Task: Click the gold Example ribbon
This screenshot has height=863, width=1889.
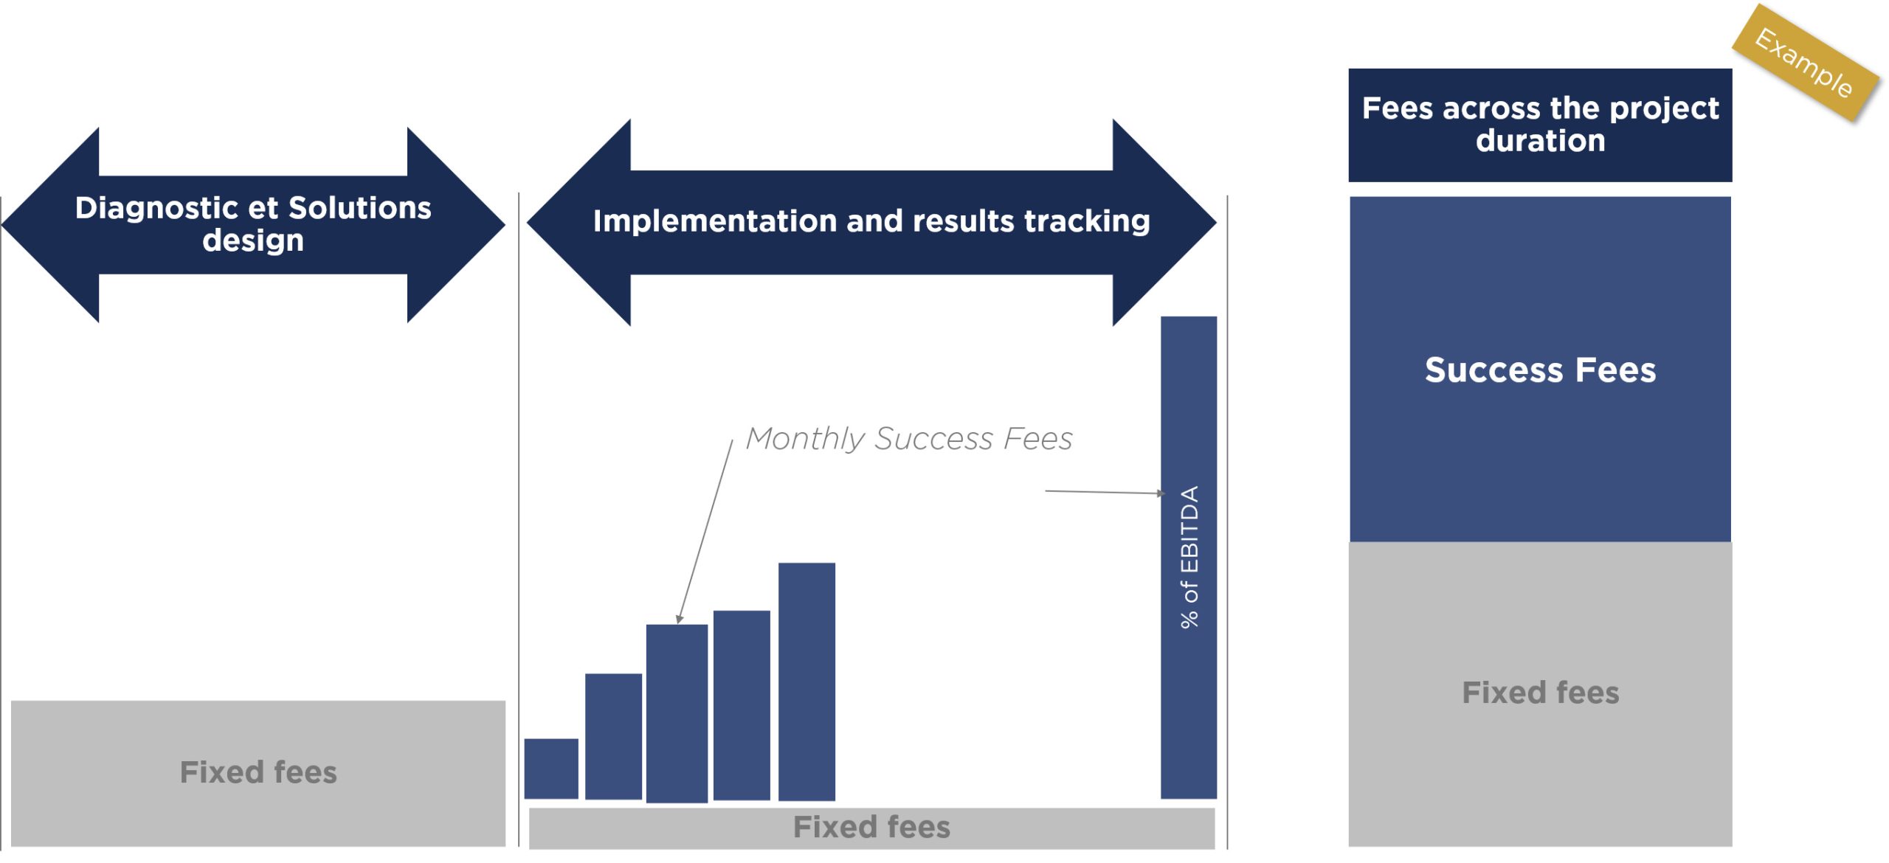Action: (x=1806, y=63)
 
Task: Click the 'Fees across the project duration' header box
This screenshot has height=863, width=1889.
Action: (x=1540, y=125)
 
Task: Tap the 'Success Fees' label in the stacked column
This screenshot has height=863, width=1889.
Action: (x=1540, y=370)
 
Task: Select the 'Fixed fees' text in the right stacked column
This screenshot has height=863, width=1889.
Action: (x=1540, y=693)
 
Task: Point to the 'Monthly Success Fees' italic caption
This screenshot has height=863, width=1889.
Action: (x=909, y=439)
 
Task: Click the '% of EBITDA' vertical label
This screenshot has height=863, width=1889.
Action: (x=1189, y=557)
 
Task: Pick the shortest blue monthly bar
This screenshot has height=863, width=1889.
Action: (x=551, y=769)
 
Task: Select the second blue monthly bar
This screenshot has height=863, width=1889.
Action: (x=613, y=736)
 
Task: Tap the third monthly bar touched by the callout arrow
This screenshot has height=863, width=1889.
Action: (x=677, y=713)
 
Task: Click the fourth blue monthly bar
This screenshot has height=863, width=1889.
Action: (x=742, y=705)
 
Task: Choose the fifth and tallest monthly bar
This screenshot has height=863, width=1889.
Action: (x=807, y=682)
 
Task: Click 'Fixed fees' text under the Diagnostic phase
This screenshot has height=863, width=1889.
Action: (x=258, y=772)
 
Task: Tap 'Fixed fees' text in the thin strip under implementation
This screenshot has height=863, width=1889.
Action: (x=871, y=827)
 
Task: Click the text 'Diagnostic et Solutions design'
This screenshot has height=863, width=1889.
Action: (x=253, y=223)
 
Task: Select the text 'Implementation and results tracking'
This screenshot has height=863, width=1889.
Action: (x=871, y=221)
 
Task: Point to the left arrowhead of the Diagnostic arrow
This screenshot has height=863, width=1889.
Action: (x=50, y=225)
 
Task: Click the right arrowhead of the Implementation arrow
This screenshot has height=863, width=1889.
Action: (x=1164, y=222)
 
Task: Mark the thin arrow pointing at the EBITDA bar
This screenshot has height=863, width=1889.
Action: (x=1105, y=492)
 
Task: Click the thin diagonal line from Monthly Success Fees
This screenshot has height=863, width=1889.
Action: (x=705, y=532)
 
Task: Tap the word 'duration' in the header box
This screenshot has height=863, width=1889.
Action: (x=1540, y=140)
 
